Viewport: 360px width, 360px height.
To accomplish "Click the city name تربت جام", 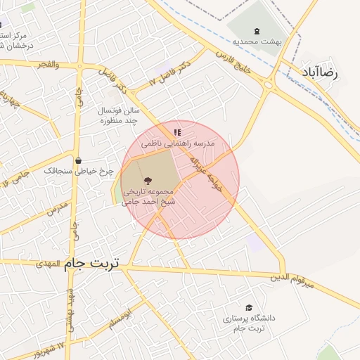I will pyautogui.click(x=92, y=263).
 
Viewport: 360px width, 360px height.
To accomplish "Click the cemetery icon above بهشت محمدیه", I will pyautogui.click(x=255, y=30).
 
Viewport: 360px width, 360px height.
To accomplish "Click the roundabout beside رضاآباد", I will pyautogui.click(x=268, y=84).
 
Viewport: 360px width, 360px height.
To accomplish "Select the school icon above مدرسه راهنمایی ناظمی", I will pyautogui.click(x=177, y=131).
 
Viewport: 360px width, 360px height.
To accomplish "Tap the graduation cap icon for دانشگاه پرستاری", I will pyautogui.click(x=248, y=307).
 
